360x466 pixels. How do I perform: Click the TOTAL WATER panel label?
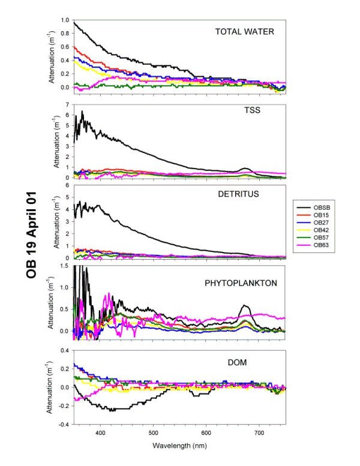[244, 32]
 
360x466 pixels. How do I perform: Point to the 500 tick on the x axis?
[153, 432]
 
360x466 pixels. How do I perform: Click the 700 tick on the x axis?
[259, 432]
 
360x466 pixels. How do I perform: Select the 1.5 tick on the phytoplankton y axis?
[65, 265]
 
